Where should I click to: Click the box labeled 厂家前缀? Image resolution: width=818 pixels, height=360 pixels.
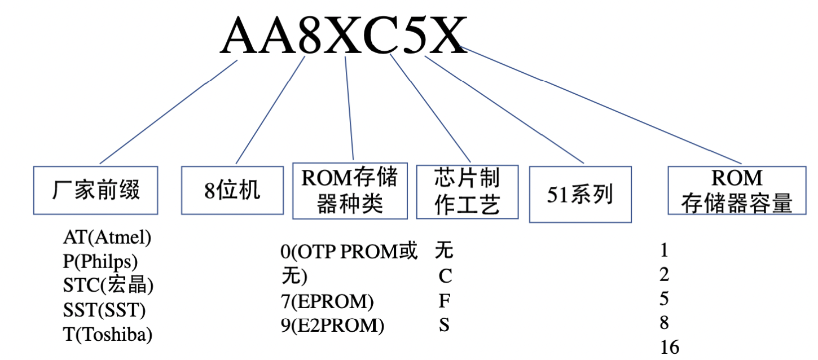[95, 190]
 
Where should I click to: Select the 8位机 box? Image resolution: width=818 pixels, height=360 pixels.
[232, 190]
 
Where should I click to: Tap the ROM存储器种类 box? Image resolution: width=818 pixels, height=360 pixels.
[350, 191]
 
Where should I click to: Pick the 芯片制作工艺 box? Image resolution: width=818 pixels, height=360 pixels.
[467, 191]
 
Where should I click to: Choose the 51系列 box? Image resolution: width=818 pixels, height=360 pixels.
[579, 194]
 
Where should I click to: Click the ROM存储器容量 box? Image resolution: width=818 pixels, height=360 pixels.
[736, 190]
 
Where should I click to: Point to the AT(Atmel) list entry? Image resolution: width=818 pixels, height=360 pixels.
[107, 238]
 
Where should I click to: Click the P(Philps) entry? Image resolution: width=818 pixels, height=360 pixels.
[100, 262]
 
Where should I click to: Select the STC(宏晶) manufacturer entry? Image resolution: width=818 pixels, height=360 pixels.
[108, 286]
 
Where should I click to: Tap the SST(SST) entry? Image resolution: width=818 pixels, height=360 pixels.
[104, 310]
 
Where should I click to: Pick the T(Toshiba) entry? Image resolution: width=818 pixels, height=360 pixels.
[108, 334]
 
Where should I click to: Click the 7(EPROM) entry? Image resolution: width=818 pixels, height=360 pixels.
[327, 302]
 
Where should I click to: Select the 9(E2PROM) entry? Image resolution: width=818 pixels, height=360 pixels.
[332, 326]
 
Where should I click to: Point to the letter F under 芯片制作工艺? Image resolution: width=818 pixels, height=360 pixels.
[445, 301]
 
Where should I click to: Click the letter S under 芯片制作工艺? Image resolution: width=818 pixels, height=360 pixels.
[445, 326]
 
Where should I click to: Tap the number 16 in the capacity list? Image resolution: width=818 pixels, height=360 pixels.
[670, 347]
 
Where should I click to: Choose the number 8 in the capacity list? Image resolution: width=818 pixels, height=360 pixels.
[664, 323]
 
